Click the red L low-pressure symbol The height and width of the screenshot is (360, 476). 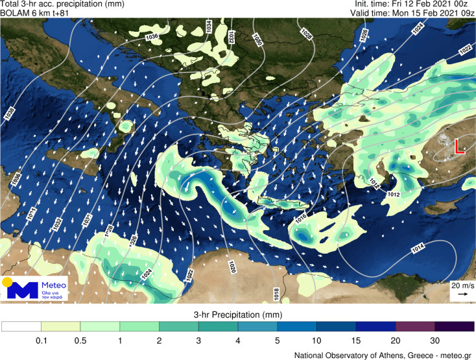tap(459, 147)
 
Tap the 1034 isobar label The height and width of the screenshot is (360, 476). tap(209, 27)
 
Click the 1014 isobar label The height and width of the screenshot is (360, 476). tap(418, 247)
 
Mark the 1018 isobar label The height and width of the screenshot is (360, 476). tap(276, 294)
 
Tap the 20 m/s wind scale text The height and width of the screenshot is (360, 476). tap(461, 285)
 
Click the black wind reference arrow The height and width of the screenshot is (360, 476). tap(461, 294)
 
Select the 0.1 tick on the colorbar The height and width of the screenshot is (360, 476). tap(41, 340)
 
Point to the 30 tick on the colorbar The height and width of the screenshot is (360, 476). tap(434, 340)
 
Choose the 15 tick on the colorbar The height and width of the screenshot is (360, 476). tap(356, 340)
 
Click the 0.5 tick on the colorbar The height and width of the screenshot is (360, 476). tap(80, 340)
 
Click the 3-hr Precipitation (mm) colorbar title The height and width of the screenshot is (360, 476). tap(238, 315)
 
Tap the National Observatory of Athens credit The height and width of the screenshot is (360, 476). tap(383, 354)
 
